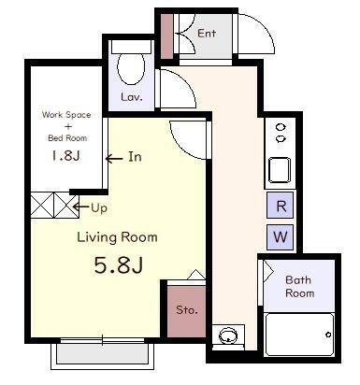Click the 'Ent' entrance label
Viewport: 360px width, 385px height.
click(207, 33)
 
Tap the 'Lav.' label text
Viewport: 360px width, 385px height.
click(132, 97)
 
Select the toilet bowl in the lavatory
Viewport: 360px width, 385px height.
click(131, 68)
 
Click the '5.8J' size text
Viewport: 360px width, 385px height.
click(119, 265)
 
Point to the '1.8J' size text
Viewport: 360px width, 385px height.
click(66, 155)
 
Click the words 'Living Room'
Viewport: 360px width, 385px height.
click(117, 237)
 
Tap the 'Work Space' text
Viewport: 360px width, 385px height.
click(66, 115)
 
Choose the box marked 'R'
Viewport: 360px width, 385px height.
click(281, 206)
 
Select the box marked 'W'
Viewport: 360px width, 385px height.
click(281, 237)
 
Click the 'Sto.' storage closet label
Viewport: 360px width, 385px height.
click(187, 310)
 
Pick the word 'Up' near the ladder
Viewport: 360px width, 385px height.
click(99, 207)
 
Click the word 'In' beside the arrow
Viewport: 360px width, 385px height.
click(135, 157)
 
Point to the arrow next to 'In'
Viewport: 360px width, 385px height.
click(114, 159)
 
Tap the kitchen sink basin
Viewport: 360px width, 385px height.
click(280, 170)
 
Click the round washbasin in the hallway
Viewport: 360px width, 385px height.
click(228, 335)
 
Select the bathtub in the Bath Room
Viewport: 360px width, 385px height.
click(299, 335)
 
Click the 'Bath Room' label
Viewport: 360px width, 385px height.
click(299, 287)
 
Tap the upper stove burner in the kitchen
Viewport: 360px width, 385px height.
click(281, 127)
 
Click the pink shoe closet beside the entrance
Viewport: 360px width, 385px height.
click(166, 36)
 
